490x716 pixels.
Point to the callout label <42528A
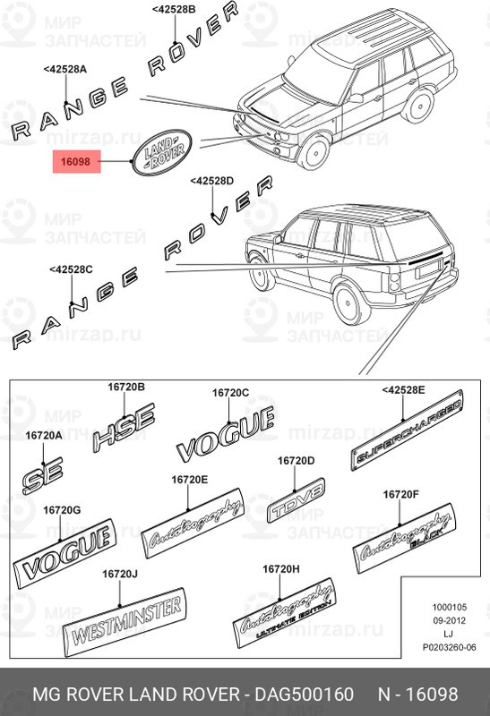64,68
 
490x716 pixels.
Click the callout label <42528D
211,182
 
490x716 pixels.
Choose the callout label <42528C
71,269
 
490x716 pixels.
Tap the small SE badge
43,476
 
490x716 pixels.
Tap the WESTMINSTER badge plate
125,627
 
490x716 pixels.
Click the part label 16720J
119,574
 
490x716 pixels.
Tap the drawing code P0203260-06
447,647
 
